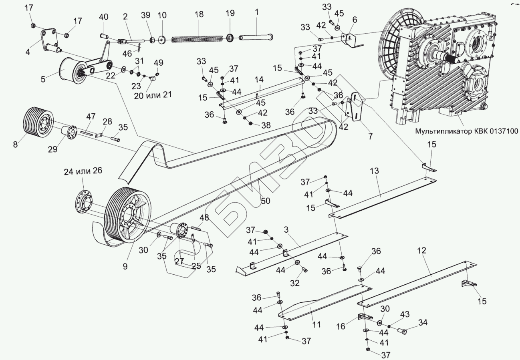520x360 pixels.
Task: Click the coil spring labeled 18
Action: click(x=197, y=39)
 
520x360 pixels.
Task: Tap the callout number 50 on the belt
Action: click(x=265, y=201)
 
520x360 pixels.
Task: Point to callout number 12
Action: click(x=421, y=251)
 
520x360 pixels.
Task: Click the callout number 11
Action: click(x=316, y=324)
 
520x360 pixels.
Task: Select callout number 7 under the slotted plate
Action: click(x=370, y=136)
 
